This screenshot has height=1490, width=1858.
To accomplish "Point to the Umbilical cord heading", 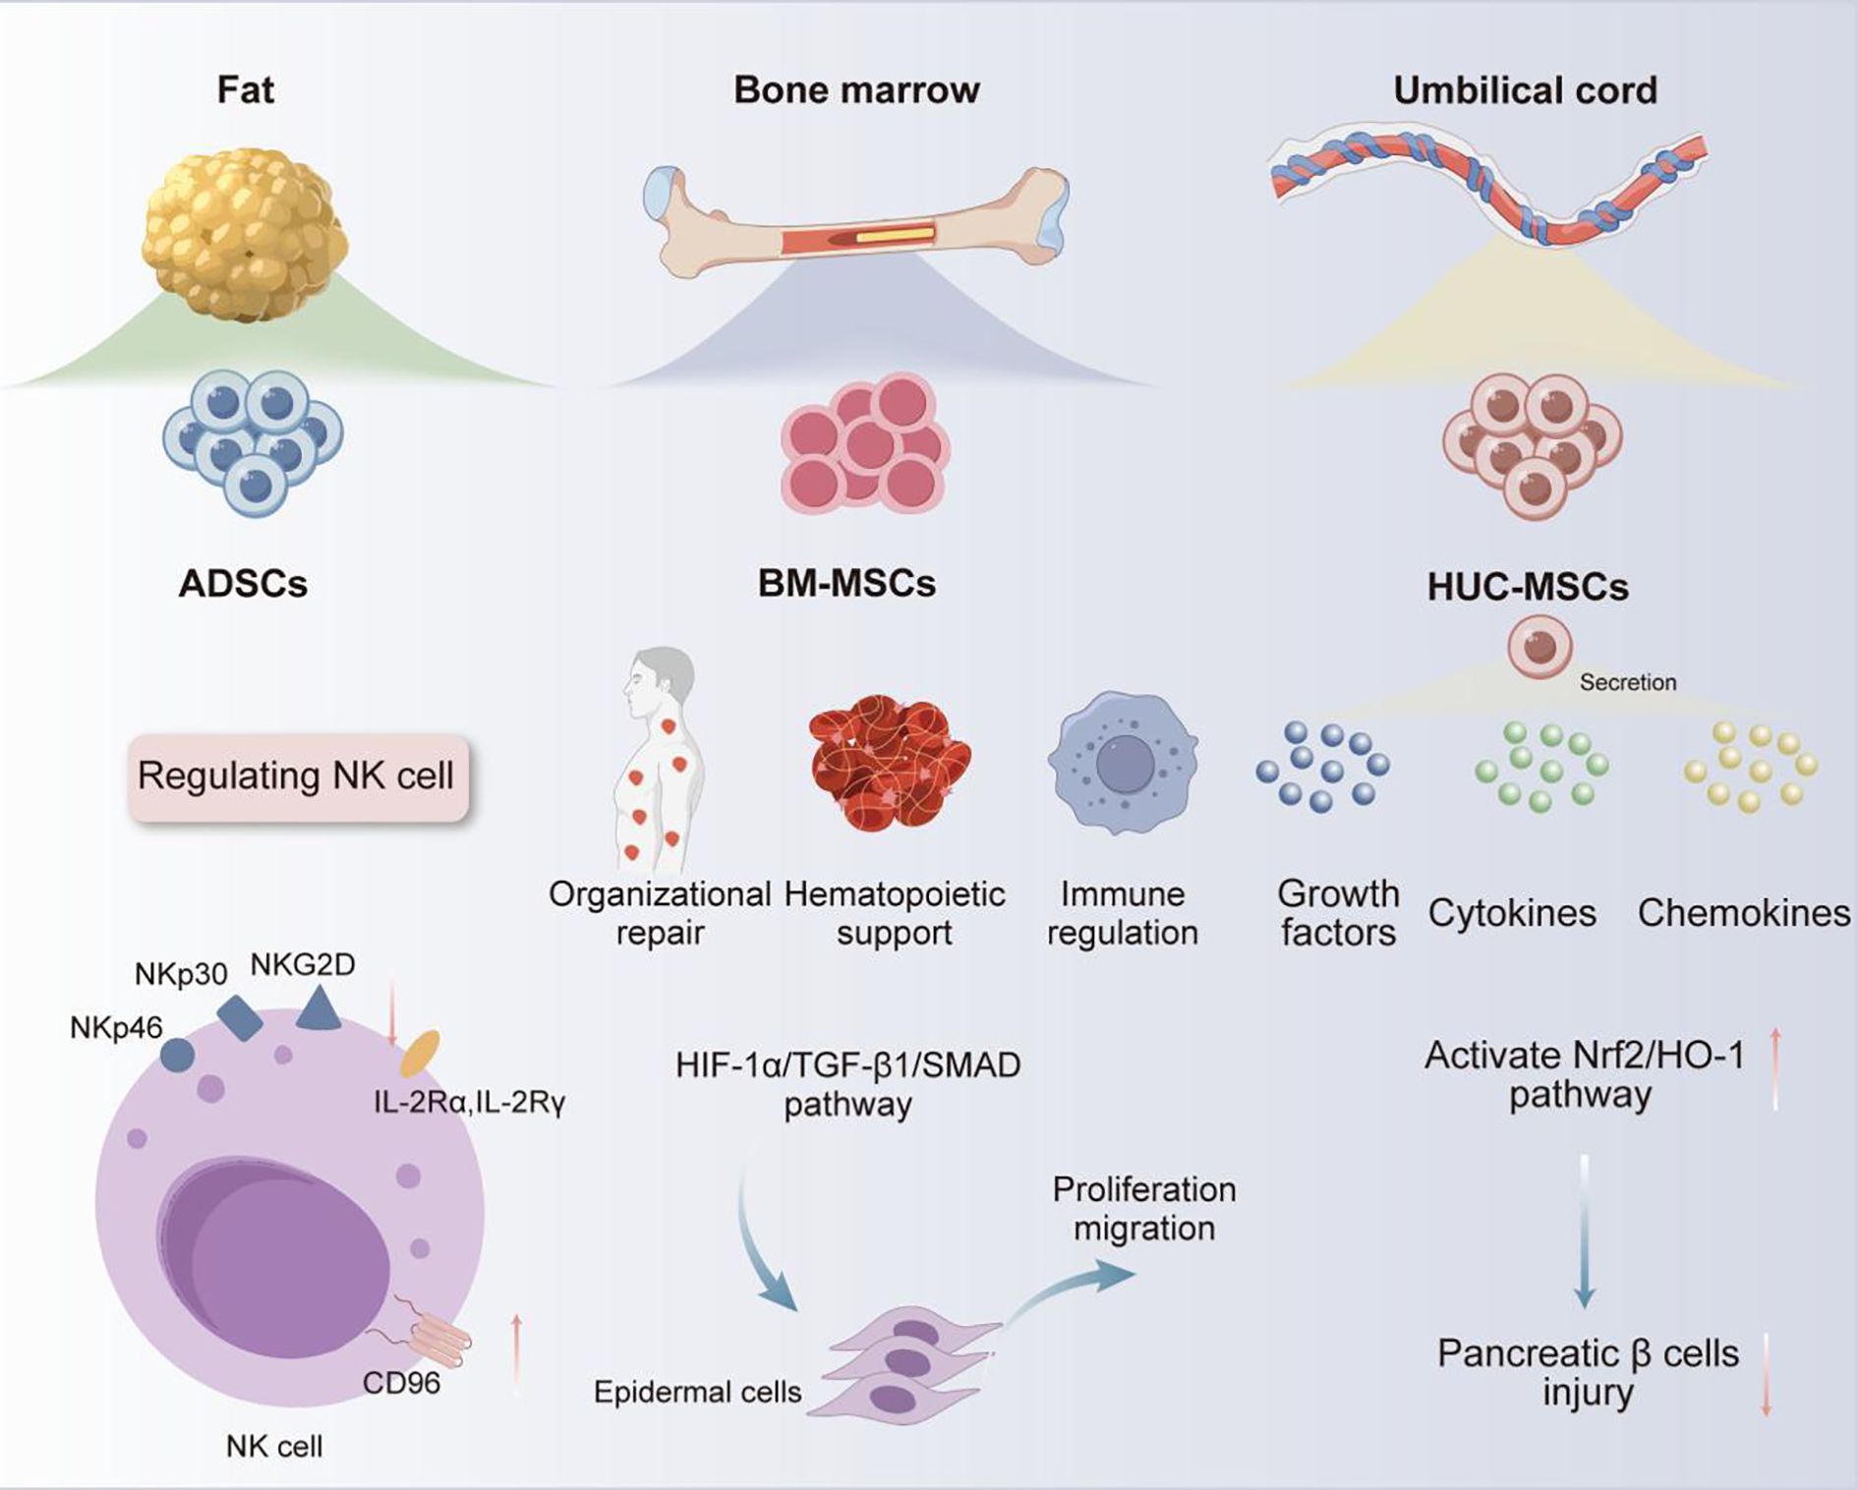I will (x=1525, y=90).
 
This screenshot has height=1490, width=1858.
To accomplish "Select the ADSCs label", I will (x=243, y=584).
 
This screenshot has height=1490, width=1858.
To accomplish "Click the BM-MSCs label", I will (x=846, y=584).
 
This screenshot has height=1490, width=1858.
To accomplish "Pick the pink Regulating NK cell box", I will (x=297, y=776).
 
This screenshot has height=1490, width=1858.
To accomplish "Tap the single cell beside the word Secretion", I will (x=1539, y=647).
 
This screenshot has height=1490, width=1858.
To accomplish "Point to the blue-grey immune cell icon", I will (x=1123, y=763).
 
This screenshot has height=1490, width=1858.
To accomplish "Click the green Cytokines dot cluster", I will (x=1540, y=767).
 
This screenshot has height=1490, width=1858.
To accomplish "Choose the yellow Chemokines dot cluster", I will (x=1751, y=767).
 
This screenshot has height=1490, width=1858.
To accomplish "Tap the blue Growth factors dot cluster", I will (x=1322, y=767).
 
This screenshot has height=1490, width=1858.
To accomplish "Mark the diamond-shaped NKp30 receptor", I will (x=240, y=1018).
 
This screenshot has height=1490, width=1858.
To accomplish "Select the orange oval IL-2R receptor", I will (x=420, y=1054).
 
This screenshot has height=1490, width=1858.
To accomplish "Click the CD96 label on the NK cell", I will (x=401, y=1384).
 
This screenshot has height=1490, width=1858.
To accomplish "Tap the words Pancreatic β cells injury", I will (x=1587, y=1373).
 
